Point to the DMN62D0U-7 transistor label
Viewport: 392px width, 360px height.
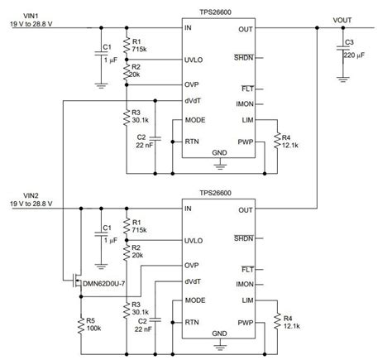[x=105, y=285]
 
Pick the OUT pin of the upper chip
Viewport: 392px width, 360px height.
[x=245, y=28]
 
